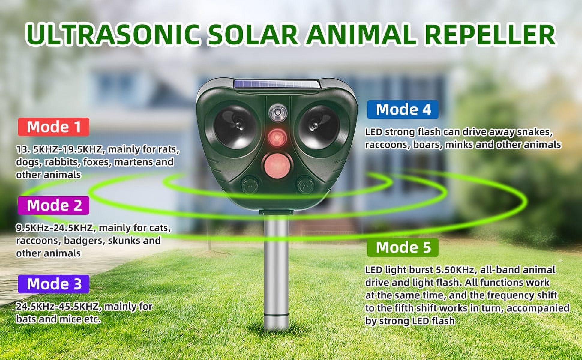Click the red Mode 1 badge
pos(54,127)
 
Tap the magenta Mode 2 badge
pos(54,205)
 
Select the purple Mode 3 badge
pos(54,284)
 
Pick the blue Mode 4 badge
pos(403,109)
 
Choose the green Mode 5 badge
pos(403,247)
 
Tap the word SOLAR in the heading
pos(252,35)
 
